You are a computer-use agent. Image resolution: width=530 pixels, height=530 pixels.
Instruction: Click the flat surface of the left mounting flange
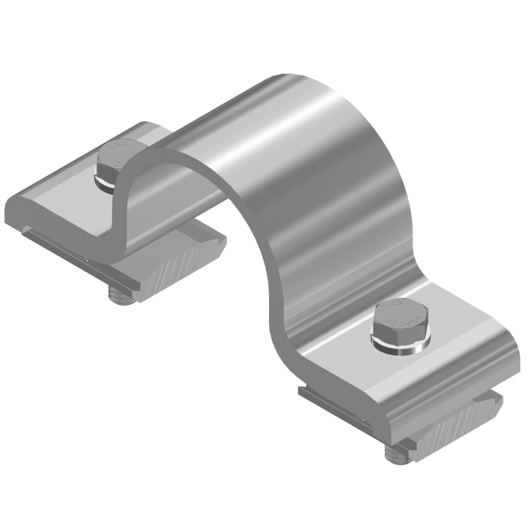point(64,196)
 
